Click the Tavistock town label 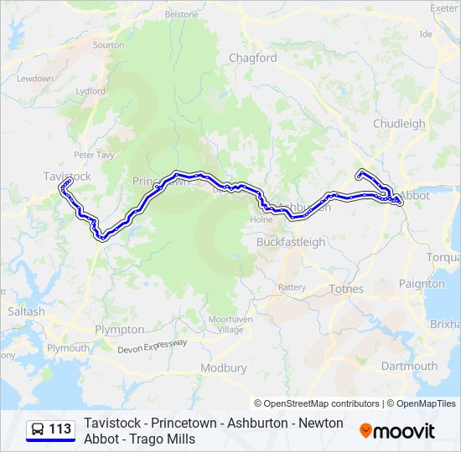coord(67,176)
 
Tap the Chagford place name coord(252,58)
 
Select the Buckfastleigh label coord(290,242)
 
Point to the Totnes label coord(346,289)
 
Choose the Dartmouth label coord(409,366)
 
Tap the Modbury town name coord(224,367)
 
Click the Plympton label coord(119,330)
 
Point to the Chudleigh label coord(399,124)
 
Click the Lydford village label coord(91,90)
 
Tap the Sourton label coord(108,45)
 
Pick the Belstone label coord(181,15)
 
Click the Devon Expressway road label coord(153,347)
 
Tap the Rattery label coord(293,287)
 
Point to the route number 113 coord(60,429)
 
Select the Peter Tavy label coord(93,154)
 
